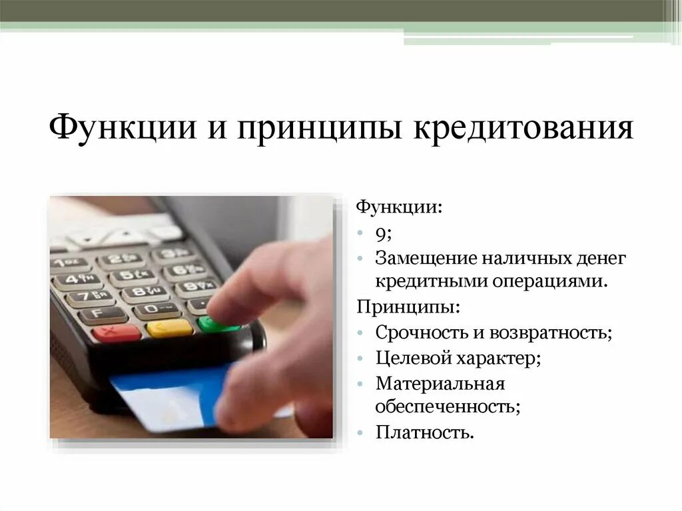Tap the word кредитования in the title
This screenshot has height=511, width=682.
coord(524,127)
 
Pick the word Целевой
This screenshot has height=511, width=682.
coord(412,358)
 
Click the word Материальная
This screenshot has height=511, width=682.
coord(440,384)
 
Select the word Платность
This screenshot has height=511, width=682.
coord(424,432)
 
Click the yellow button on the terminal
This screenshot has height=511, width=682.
coord(169,328)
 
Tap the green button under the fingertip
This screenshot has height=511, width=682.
coord(217,324)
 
